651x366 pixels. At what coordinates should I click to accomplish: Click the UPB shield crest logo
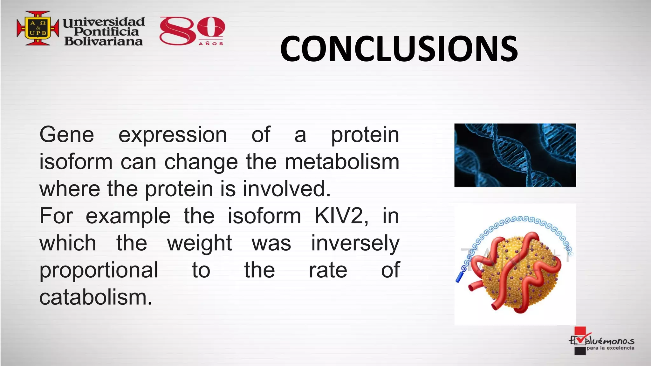click(x=38, y=28)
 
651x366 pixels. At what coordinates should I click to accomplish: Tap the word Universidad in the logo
click(x=104, y=22)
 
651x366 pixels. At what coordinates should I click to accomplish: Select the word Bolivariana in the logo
click(x=104, y=41)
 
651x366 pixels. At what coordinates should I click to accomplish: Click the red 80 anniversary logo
click(x=192, y=30)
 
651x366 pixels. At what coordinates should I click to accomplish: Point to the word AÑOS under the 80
click(x=211, y=44)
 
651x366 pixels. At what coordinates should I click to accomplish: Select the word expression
click(x=173, y=135)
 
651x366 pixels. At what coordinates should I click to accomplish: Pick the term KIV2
click(x=341, y=216)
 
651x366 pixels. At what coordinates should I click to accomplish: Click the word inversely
click(x=355, y=243)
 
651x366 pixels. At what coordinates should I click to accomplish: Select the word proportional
click(x=99, y=271)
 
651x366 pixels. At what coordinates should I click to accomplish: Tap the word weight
click(x=199, y=243)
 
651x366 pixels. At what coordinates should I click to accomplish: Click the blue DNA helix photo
click(x=515, y=155)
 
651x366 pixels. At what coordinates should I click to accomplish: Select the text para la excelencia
click(x=610, y=348)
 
